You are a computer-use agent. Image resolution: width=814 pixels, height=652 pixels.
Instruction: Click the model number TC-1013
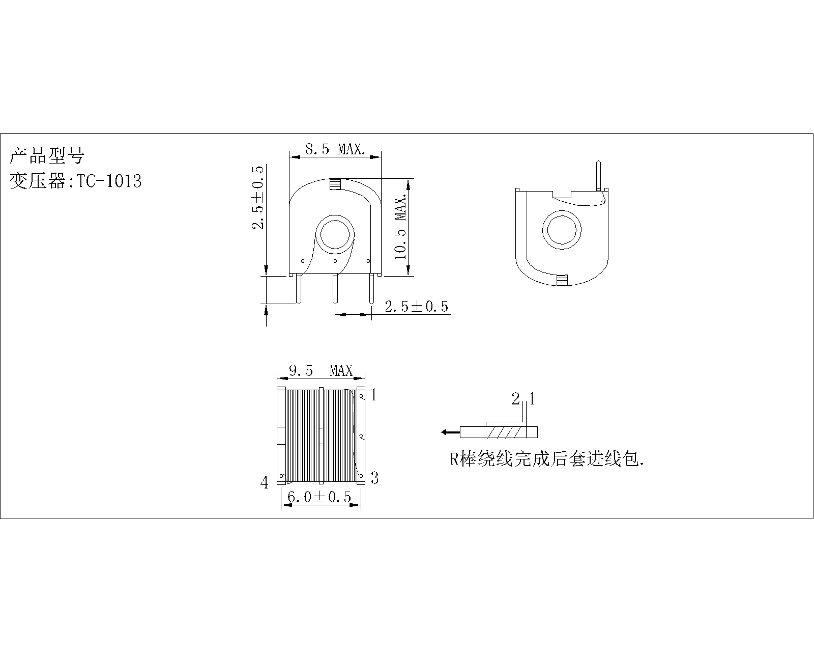point(109,181)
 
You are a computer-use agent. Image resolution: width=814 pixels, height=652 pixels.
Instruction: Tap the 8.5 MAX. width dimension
point(335,149)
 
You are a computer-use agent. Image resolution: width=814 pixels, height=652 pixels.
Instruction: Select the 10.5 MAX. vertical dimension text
point(400,227)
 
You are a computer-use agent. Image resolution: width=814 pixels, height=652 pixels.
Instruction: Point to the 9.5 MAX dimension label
point(321,370)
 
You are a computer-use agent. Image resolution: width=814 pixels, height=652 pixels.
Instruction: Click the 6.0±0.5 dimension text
point(319,497)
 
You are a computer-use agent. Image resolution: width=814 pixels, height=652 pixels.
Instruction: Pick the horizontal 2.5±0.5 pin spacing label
point(417,307)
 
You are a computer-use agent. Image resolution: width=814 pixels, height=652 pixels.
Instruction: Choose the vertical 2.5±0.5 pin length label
point(258,197)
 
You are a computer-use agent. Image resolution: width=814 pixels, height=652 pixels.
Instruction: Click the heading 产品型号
point(46,155)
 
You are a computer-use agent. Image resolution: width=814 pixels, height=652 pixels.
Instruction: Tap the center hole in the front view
point(335,234)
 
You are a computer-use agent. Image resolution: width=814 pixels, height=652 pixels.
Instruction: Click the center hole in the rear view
point(562,230)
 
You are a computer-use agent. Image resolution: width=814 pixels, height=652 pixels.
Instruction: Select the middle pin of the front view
point(335,289)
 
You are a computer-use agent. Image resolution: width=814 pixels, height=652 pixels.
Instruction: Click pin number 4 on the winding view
point(265,483)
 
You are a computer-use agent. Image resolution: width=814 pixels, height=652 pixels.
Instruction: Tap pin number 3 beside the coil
point(374,478)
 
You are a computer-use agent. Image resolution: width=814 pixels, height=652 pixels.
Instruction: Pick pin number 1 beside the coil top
point(374,395)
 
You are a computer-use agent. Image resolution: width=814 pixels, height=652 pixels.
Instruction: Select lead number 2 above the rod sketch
point(515,399)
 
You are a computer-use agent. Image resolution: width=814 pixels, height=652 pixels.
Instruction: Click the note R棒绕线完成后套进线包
point(547,459)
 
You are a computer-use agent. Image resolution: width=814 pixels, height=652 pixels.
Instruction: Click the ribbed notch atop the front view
point(335,184)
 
